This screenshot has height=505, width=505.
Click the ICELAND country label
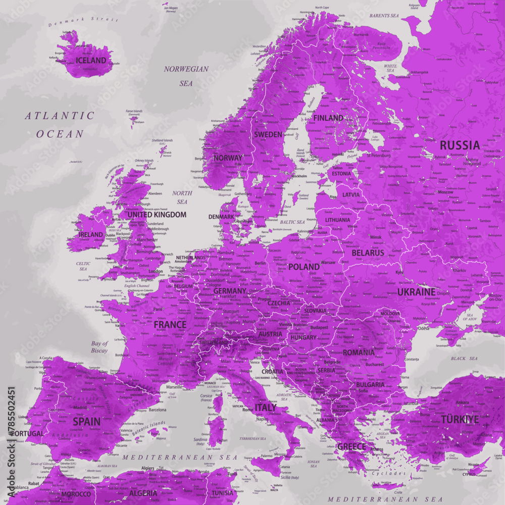(x=91, y=61)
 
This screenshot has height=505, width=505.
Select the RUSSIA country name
(x=460, y=145)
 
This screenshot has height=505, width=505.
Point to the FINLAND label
(x=328, y=118)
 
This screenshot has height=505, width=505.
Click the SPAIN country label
(x=86, y=421)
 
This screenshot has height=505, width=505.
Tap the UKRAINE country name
(x=416, y=292)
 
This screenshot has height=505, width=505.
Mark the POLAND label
(x=304, y=266)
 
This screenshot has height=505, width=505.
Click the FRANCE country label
(x=170, y=324)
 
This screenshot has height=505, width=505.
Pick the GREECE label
(x=351, y=446)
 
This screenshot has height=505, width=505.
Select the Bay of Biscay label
(x=99, y=347)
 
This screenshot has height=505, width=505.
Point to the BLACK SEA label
(x=464, y=359)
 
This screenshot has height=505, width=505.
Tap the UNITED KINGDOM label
(x=157, y=215)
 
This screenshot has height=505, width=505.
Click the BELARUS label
(x=368, y=252)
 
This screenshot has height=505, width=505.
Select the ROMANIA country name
(x=359, y=352)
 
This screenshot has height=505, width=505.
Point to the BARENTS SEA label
(x=383, y=16)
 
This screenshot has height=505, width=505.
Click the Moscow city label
(x=445, y=192)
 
